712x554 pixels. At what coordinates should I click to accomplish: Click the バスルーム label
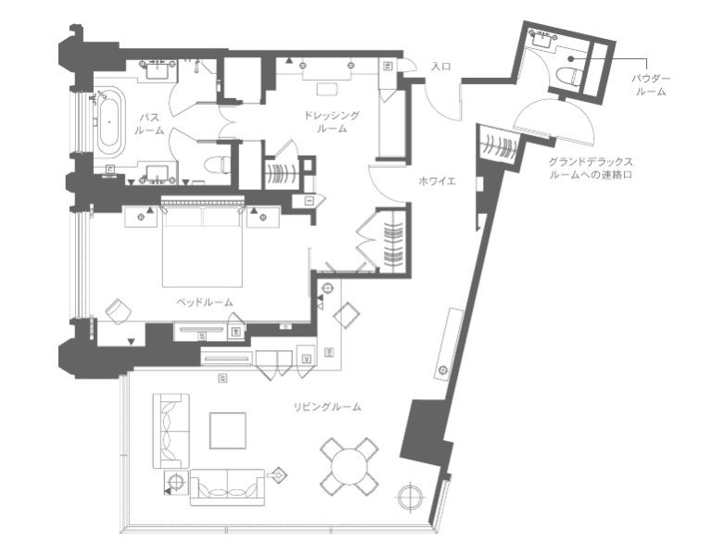[149, 124]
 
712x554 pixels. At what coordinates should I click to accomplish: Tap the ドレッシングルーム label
[332, 121]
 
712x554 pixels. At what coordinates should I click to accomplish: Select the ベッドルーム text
[205, 302]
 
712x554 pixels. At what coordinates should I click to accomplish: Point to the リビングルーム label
[328, 407]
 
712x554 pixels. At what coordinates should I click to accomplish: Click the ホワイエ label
[437, 182]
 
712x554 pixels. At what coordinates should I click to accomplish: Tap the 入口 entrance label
[441, 67]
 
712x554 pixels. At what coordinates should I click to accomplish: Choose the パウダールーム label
[651, 85]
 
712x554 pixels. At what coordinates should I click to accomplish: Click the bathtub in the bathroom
[109, 121]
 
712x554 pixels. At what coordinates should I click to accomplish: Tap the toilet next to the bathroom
[216, 165]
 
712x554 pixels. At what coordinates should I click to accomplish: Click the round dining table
[350, 466]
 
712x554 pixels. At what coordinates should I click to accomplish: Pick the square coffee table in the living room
[227, 430]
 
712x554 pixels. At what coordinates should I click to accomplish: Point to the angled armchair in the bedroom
[118, 310]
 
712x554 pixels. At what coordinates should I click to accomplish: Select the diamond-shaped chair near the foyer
[347, 315]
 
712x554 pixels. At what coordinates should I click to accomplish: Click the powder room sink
[542, 40]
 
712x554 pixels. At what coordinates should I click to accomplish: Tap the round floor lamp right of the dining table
[411, 497]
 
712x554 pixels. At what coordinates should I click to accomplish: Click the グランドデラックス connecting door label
[591, 168]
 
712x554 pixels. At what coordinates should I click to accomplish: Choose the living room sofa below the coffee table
[227, 487]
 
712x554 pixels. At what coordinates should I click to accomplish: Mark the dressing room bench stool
[326, 89]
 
